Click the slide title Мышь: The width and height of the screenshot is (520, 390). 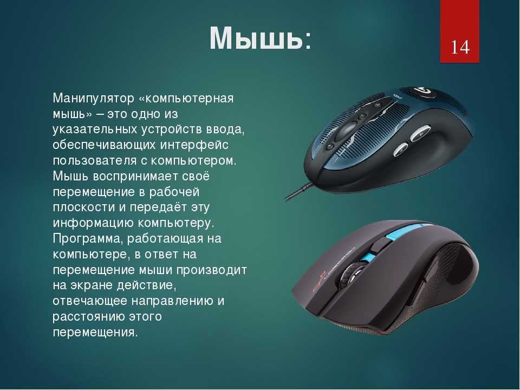261,38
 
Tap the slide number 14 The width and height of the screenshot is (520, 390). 460,47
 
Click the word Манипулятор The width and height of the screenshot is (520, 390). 93,99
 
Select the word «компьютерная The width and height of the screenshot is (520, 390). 186,99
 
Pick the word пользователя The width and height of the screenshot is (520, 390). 95,160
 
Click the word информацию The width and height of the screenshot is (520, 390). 93,223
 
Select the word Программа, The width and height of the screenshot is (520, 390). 88,239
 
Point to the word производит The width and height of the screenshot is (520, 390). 211,270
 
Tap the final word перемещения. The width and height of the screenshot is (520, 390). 95,332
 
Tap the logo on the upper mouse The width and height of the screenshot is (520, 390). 419,90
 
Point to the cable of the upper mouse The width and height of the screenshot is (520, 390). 299,191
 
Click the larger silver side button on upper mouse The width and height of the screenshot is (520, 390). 420,133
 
